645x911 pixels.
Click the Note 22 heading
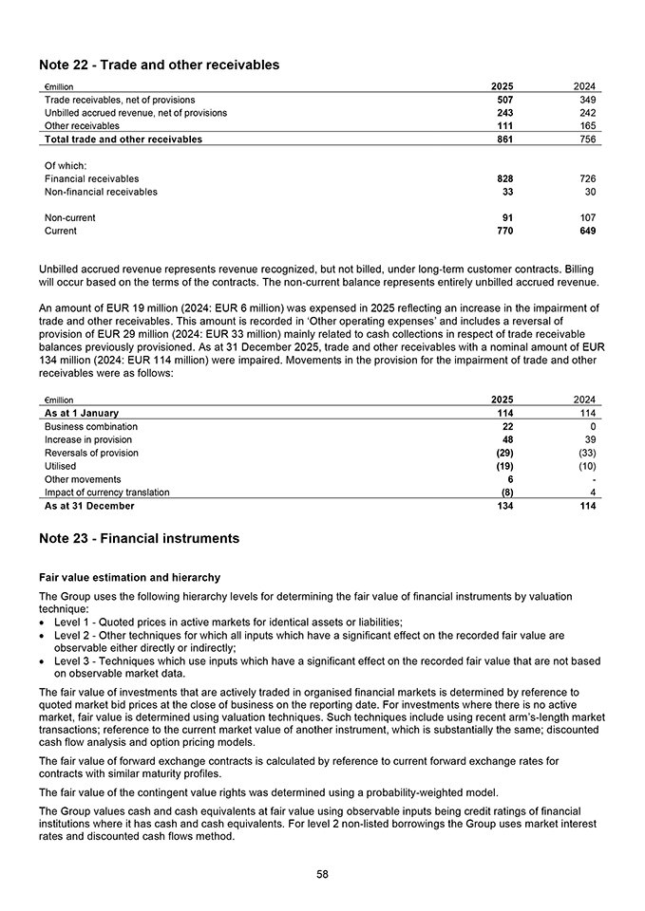(x=159, y=65)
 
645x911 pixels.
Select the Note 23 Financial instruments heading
(x=139, y=538)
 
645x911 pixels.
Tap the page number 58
(x=322, y=874)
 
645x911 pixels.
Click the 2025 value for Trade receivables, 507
(x=504, y=100)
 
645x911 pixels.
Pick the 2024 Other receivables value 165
(x=587, y=125)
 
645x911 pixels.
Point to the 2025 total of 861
(x=504, y=139)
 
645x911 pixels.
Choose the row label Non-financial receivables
(x=101, y=192)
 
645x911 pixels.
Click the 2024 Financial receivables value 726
(x=587, y=178)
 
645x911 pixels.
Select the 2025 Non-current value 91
(x=508, y=217)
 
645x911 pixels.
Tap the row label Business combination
(x=90, y=427)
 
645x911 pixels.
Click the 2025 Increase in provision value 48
(x=508, y=440)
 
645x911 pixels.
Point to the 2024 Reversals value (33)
(x=585, y=454)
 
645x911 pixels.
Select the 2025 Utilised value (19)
(x=504, y=467)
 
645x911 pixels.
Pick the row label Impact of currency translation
(x=106, y=493)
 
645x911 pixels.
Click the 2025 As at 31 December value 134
(x=504, y=506)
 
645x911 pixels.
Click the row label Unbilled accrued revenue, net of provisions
(x=136, y=113)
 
